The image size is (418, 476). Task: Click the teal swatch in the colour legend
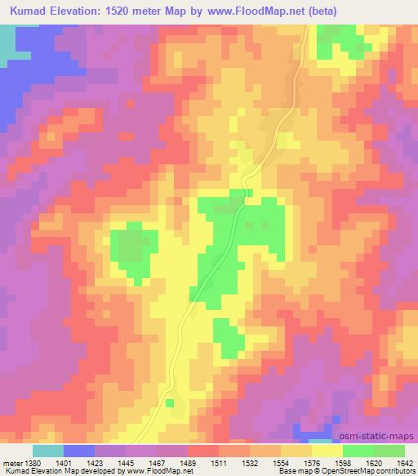coord(48,451)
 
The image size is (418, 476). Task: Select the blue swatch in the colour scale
coord(79,451)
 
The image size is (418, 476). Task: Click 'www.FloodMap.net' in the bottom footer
coord(154,471)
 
